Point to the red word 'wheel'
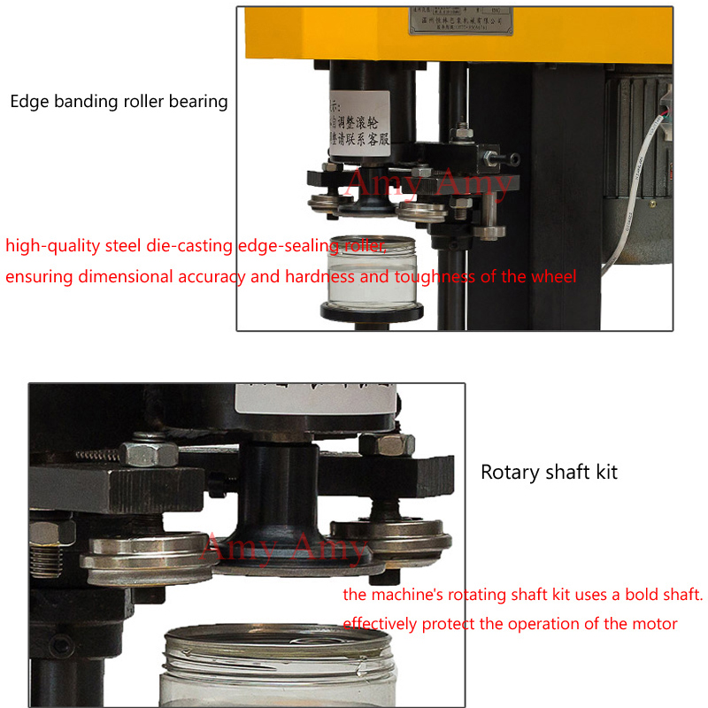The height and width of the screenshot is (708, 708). pos(554,277)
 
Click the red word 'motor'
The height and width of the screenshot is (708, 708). pos(655,624)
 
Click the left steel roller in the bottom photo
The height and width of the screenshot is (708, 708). pos(142,553)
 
